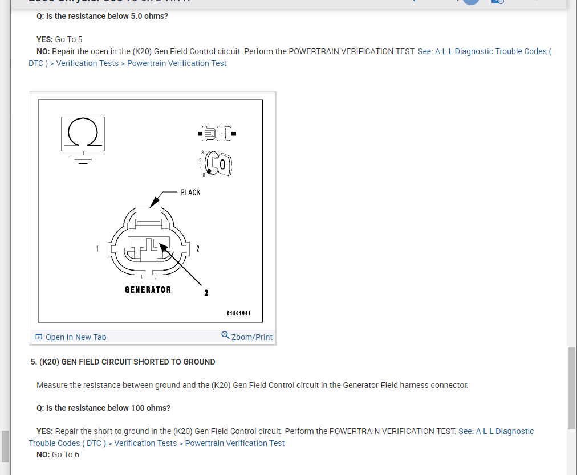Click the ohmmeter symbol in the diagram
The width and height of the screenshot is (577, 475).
tap(83, 134)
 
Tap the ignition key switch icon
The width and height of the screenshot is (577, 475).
tap(220, 164)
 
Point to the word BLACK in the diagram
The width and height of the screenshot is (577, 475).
tap(190, 193)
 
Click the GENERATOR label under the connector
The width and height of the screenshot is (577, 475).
tap(148, 290)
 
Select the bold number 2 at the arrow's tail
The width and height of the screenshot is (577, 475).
tap(206, 293)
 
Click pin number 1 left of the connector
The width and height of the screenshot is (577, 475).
tap(97, 248)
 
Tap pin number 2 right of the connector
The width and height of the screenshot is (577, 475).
tap(197, 248)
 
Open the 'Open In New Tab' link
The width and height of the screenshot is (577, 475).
tap(76, 337)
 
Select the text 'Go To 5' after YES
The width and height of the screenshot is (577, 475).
tap(68, 39)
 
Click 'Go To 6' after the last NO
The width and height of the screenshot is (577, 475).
tap(66, 454)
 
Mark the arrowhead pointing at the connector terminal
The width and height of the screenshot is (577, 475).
tap(162, 247)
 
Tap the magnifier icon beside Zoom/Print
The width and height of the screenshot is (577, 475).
tap(225, 335)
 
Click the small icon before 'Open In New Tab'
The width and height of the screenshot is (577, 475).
tap(39, 337)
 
